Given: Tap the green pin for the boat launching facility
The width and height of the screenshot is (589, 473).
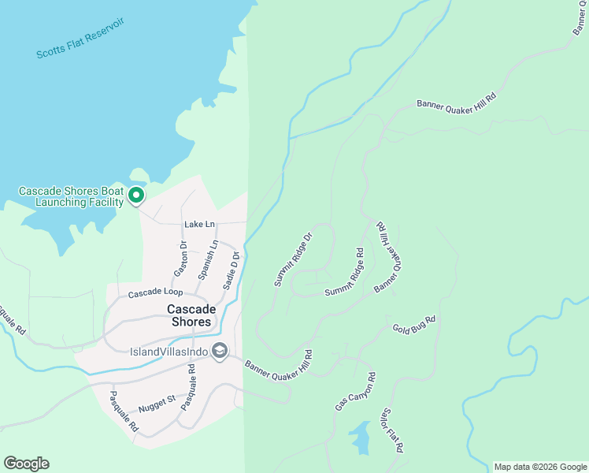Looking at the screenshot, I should (136, 195).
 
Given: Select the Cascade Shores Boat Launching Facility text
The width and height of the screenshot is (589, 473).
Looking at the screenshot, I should (71, 196).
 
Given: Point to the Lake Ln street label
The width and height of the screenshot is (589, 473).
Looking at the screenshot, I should (199, 225).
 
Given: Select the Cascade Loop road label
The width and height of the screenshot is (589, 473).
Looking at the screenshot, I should (156, 293).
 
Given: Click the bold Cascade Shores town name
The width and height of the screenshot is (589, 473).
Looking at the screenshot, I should (189, 315).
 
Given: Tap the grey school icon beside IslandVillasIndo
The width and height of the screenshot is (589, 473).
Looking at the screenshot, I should (220, 351).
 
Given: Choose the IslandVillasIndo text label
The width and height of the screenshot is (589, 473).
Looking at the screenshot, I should (169, 352).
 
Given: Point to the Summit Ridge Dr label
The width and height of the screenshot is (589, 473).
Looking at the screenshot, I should (294, 258).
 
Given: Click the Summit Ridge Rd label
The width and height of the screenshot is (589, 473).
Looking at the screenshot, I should (345, 274).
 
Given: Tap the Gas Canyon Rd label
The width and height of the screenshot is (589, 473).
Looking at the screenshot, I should (355, 392).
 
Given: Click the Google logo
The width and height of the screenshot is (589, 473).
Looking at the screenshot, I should (26, 464).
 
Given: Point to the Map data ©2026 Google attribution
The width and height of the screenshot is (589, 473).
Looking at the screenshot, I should (540, 467).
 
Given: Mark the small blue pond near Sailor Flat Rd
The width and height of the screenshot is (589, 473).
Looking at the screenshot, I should (361, 438).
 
